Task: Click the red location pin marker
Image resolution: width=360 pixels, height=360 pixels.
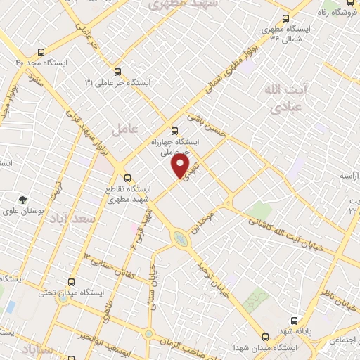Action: pos(181,165)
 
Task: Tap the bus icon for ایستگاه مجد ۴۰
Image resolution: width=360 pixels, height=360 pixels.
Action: pos(41,52)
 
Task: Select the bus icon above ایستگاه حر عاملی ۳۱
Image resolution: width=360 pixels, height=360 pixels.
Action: pos(117,72)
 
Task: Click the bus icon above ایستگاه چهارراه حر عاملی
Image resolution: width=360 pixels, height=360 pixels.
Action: pos(175,130)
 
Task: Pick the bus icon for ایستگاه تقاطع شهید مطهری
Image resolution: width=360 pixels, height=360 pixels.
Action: pos(127,178)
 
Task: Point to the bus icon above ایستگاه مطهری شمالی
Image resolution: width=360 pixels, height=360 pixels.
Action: pos(285,19)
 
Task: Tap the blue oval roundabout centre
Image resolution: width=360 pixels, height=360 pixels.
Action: pos(181,240)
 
